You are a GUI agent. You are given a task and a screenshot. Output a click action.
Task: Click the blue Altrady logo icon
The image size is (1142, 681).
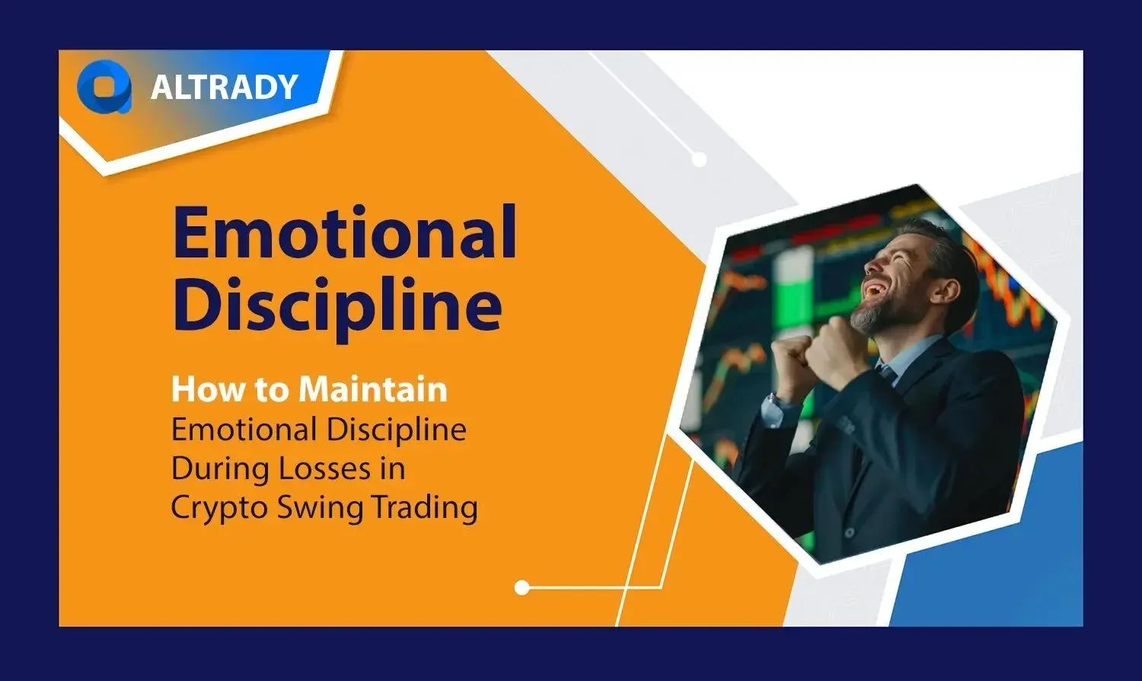(104, 87)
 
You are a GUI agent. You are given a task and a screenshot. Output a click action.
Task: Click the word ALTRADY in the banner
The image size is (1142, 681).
(225, 87)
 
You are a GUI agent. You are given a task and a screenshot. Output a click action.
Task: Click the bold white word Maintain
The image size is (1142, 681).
(373, 389)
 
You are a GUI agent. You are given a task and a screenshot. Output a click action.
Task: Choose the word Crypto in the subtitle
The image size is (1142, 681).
(220, 509)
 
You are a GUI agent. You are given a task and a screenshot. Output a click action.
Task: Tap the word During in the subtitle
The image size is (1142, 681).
(220, 469)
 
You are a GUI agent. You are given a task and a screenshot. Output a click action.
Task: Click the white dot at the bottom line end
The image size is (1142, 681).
(522, 587)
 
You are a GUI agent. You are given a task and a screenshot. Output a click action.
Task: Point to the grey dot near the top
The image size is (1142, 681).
(699, 160)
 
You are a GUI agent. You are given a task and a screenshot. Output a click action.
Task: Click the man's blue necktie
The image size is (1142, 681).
(886, 372)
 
